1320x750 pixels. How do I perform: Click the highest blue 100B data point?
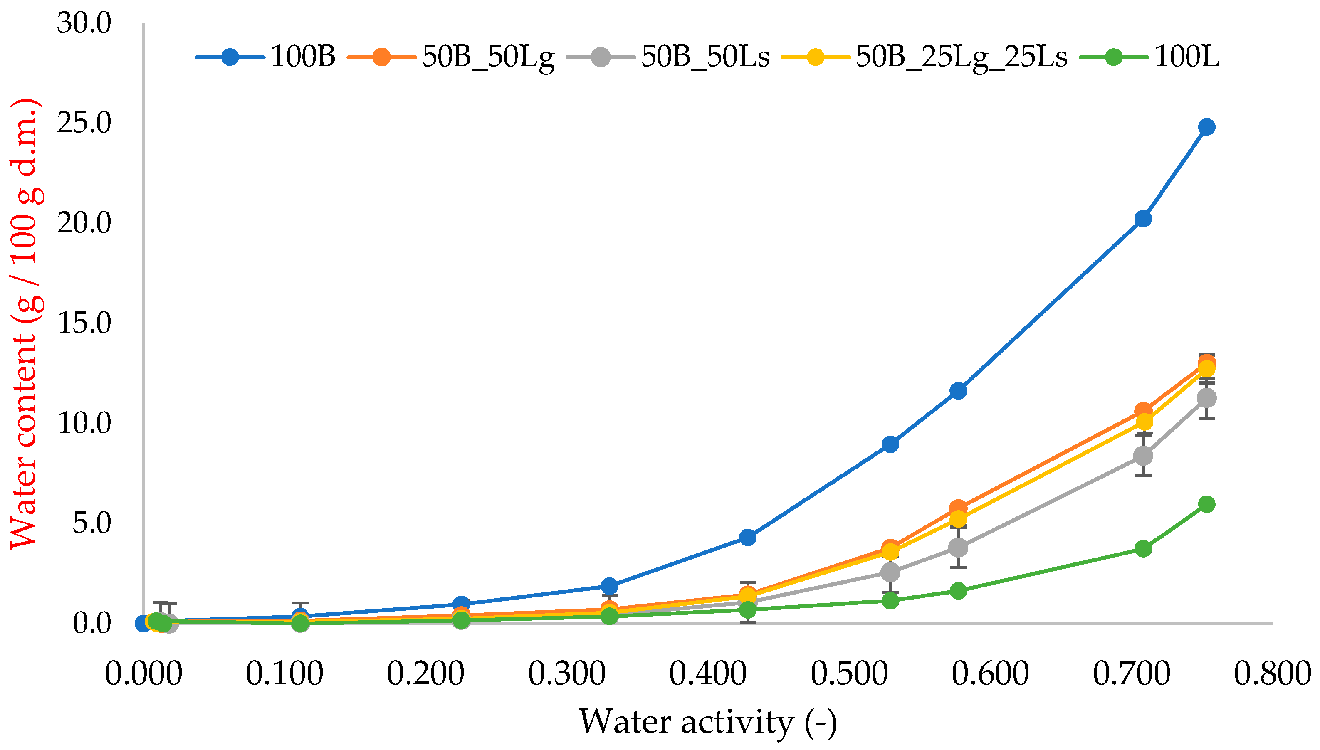(1206, 127)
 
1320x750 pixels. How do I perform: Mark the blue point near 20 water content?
(1143, 219)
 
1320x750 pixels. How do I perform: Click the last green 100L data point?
(1206, 504)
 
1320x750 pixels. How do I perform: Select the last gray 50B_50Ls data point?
(1206, 398)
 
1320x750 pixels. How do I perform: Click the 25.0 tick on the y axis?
(84, 123)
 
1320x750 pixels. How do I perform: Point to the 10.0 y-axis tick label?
(84, 423)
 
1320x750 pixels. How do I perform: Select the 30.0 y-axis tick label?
(84, 23)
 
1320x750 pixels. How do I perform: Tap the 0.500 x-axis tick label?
(849, 674)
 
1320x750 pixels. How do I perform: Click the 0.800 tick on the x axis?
(1272, 674)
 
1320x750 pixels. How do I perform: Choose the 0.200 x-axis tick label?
(425, 674)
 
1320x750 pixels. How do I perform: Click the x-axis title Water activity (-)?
(707, 722)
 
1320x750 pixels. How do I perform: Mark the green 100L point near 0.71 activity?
(1143, 549)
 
